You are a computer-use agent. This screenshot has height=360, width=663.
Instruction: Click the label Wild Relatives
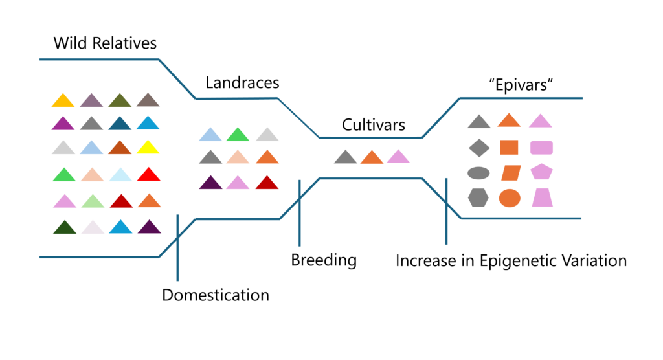105,43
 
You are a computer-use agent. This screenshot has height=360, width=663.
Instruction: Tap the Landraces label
242,82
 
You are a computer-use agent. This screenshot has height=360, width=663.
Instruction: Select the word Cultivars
374,125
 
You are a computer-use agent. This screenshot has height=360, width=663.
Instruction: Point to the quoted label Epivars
521,85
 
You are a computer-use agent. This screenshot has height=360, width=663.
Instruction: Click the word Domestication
216,295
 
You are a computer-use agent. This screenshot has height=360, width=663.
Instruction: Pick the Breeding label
324,260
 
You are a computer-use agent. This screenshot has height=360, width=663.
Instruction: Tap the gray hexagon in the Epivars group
478,197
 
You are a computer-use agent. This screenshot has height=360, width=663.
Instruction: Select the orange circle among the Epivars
510,198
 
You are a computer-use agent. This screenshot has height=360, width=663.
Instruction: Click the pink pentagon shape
542,172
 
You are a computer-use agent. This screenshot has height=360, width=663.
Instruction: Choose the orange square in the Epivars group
509,148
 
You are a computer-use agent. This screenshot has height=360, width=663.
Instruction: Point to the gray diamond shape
479,148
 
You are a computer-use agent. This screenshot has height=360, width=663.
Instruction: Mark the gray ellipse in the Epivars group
478,173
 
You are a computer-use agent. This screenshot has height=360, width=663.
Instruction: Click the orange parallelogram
511,173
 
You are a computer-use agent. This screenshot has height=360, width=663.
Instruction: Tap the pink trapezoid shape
542,197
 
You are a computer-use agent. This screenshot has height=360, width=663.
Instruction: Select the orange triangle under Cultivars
372,157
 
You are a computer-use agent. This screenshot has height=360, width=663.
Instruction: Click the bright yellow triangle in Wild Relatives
148,148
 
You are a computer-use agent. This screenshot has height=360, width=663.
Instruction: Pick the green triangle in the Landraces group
238,135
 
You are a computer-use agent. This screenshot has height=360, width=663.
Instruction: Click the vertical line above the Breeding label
299,213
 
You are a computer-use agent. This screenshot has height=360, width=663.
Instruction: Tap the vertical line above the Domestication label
177,247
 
